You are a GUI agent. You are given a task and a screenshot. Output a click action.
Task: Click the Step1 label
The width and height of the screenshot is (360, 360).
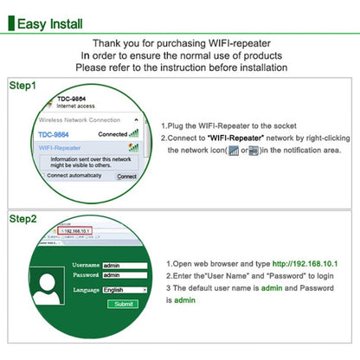pyautogui.click(x=23, y=87)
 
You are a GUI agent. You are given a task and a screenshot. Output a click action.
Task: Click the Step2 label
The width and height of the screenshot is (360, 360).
pyautogui.click(x=23, y=219)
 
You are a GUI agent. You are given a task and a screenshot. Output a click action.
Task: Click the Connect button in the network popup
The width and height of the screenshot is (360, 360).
pyautogui.click(x=126, y=176)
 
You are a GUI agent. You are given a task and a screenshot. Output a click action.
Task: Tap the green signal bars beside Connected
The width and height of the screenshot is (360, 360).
pyautogui.click(x=133, y=134)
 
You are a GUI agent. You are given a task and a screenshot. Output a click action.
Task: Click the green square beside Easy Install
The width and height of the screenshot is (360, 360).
pyautogui.click(x=11, y=23)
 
